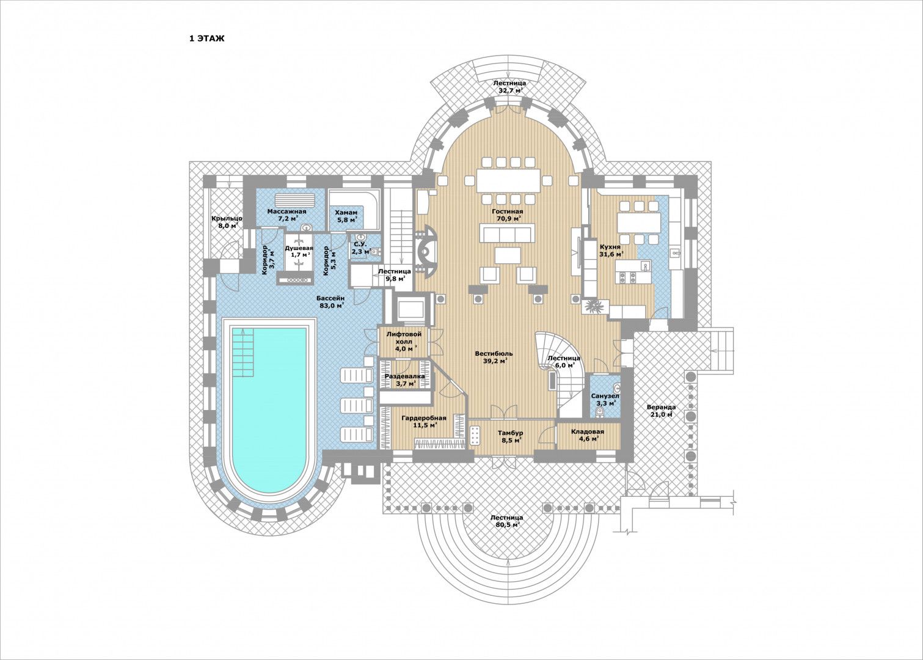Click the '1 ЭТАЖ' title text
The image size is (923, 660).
[206, 38]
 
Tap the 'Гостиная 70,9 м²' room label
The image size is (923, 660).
[508, 215]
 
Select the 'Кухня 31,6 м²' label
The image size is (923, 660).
[611, 250]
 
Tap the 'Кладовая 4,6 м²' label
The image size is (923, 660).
[587, 435]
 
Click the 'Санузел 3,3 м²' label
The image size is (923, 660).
[604, 399]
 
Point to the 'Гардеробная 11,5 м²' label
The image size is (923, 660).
[423, 421]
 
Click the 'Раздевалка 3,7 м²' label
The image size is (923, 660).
[404, 380]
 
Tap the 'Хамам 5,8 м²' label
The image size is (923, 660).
[346, 216]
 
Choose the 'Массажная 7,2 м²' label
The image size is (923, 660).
[287, 215]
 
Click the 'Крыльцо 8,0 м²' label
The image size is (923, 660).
[227, 222]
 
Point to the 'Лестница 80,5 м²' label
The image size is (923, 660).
[506, 521]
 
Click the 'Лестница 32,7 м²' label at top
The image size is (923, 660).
[509, 86]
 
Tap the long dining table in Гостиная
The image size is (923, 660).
[509, 180]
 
